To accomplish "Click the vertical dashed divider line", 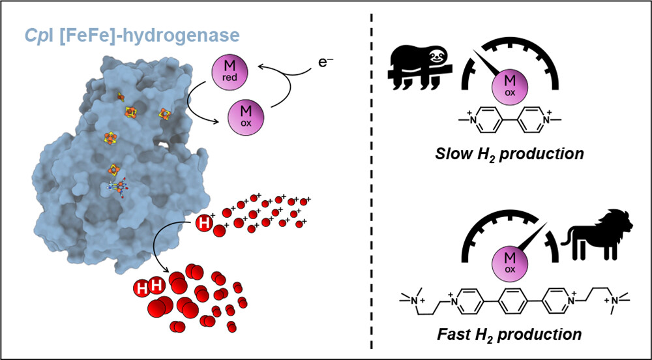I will click(x=372, y=183).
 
